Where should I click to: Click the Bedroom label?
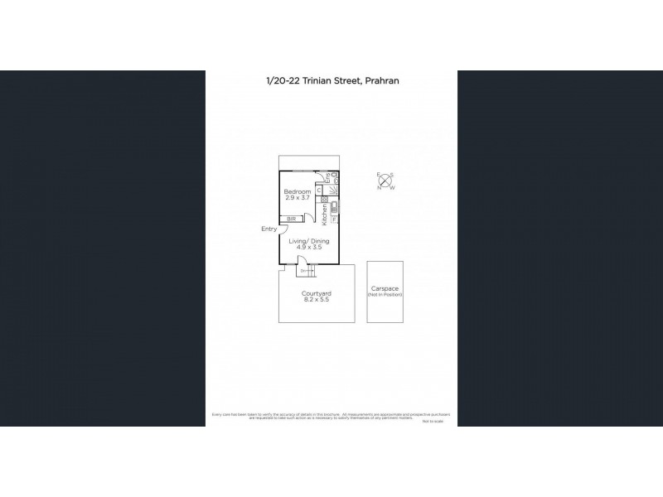(297, 191)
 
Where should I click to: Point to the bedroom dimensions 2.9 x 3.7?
(297, 199)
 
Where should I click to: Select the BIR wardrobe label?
(292, 219)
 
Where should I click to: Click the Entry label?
(269, 229)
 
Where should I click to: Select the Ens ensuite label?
(328, 176)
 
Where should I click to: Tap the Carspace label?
(385, 290)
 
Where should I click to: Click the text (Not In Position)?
(385, 296)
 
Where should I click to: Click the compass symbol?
(385, 181)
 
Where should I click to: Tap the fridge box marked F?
(334, 220)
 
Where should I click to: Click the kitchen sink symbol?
(334, 208)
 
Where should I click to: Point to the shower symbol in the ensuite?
(334, 191)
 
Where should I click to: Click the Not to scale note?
(433, 422)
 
